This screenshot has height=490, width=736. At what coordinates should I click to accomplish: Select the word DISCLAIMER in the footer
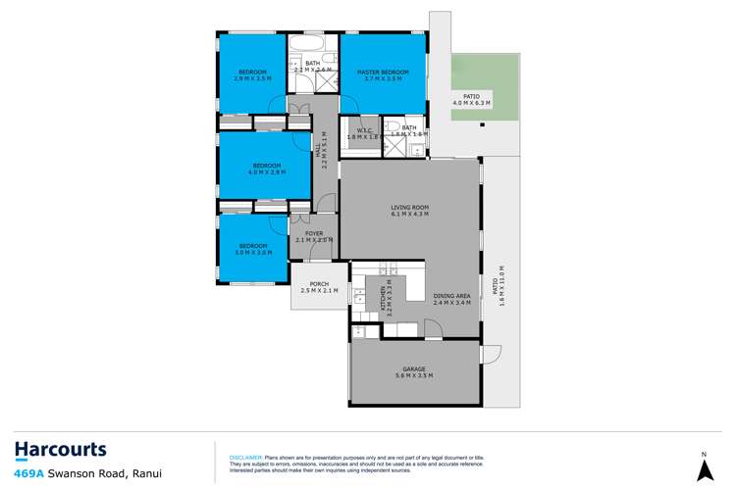[x=245, y=457]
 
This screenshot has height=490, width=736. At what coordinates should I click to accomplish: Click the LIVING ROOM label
[x=411, y=207]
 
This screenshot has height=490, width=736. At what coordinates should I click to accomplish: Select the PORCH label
[x=318, y=285]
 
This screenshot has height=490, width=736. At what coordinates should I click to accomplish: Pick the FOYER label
[x=314, y=233]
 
